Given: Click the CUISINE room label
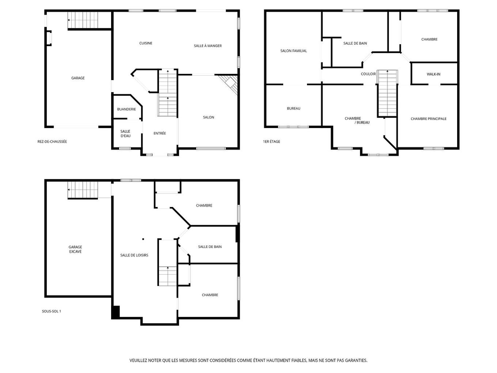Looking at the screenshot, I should click(x=145, y=43).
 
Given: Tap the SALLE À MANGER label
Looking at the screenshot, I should click(x=208, y=46).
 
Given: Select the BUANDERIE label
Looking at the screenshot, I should click(x=126, y=109).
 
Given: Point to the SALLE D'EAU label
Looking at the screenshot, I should click(x=125, y=133).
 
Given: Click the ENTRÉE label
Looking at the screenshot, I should click(x=160, y=133).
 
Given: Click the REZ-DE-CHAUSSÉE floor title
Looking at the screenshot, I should click(x=52, y=142).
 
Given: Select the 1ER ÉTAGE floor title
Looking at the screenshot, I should click(x=272, y=142).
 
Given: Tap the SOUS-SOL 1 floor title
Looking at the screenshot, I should click(x=52, y=311).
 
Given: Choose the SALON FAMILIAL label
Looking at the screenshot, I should click(x=293, y=51).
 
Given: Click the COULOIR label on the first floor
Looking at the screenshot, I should click(x=368, y=74).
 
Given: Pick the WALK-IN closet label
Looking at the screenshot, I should click(x=433, y=74).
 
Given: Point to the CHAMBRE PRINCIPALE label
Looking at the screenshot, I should click(x=428, y=119).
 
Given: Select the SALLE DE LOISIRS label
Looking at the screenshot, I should click(x=134, y=255).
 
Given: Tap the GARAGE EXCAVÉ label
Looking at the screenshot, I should click(x=75, y=249).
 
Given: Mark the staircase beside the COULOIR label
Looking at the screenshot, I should click(x=387, y=93).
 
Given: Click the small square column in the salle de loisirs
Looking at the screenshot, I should click(x=143, y=239).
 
